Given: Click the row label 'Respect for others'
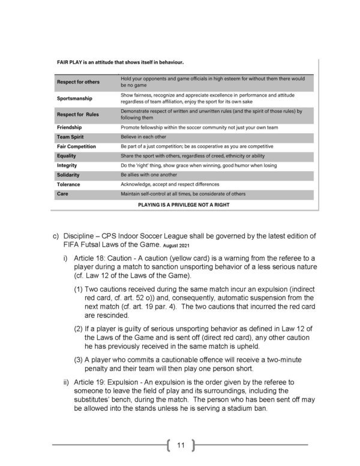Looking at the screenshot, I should [78, 82].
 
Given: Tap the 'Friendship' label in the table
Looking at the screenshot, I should [69, 127].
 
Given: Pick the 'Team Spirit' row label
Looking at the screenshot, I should [70, 137].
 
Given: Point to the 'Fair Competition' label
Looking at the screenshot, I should [76, 147].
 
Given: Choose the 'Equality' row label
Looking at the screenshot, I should [67, 156].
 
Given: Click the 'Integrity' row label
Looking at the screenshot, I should [67, 165].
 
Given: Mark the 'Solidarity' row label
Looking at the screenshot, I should [68, 175].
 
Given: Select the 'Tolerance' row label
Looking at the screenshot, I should [68, 184].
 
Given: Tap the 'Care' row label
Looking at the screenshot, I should [62, 194].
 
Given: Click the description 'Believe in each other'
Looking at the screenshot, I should [144, 137].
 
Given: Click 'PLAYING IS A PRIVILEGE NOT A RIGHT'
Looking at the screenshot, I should [184, 204].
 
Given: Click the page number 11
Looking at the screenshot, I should [180, 445].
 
